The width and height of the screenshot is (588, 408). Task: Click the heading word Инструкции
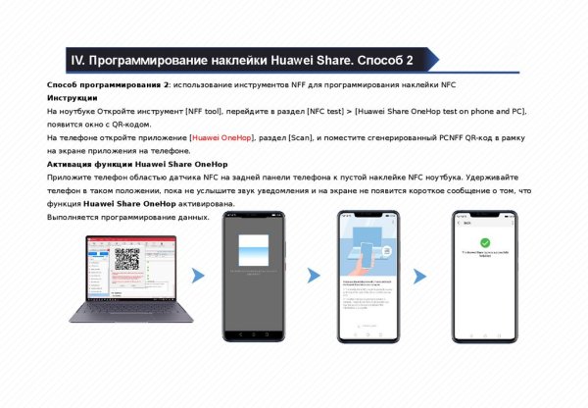pyautogui.click(x=72, y=98)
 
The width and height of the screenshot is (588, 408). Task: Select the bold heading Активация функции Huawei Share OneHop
pyautogui.click(x=137, y=165)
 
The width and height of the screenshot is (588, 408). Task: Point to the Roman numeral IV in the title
pyautogui.click(x=79, y=61)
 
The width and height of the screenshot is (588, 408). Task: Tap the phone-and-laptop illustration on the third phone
pyautogui.click(x=370, y=251)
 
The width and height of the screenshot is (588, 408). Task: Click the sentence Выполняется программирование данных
pyautogui.click(x=128, y=217)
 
